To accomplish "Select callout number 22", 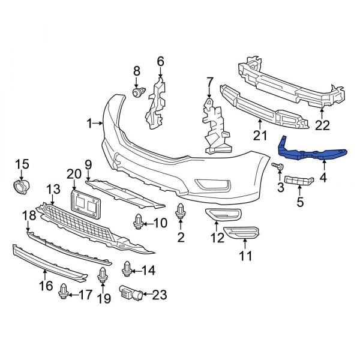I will tap(323, 125).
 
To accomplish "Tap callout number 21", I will tap(259, 136).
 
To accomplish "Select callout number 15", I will tap(22, 164).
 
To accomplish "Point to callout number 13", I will tap(53, 190).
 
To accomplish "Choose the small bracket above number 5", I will tap(298, 181).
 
